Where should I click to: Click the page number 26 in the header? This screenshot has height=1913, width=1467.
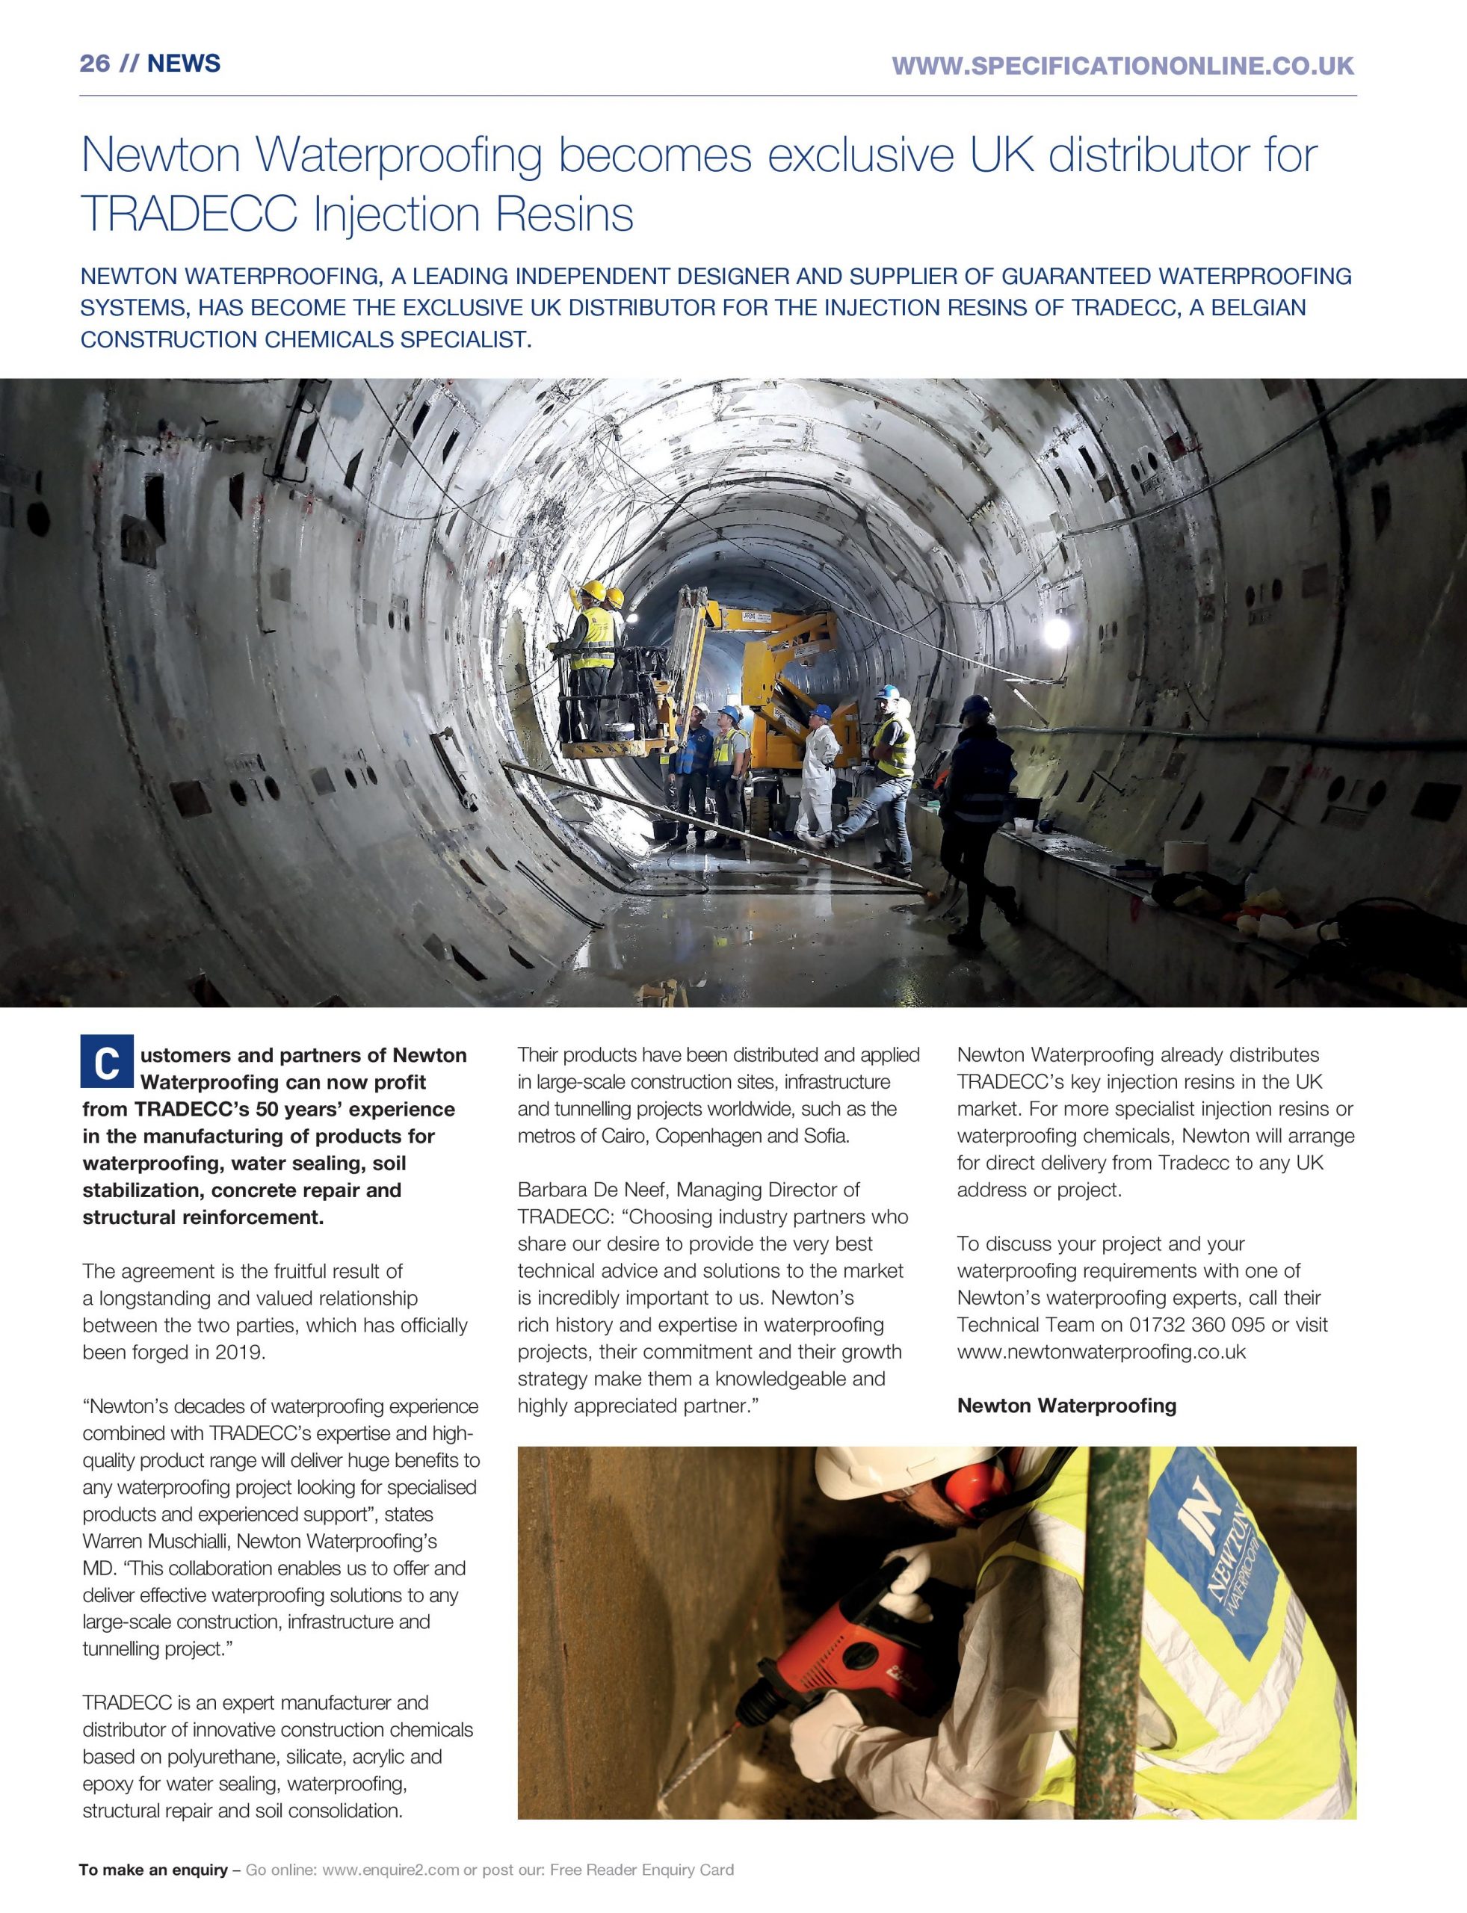pos(94,64)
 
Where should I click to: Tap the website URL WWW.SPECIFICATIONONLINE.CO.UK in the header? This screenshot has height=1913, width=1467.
pos(1123,66)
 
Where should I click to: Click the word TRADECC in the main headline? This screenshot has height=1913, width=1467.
pos(188,214)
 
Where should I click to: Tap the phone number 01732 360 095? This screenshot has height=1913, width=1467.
pos(1196,1324)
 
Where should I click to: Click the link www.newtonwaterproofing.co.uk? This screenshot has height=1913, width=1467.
pos(1100,1352)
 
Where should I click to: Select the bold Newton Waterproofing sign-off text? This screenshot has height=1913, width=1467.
pos(1066,1406)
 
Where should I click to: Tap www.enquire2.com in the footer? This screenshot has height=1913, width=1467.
pos(390,1870)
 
